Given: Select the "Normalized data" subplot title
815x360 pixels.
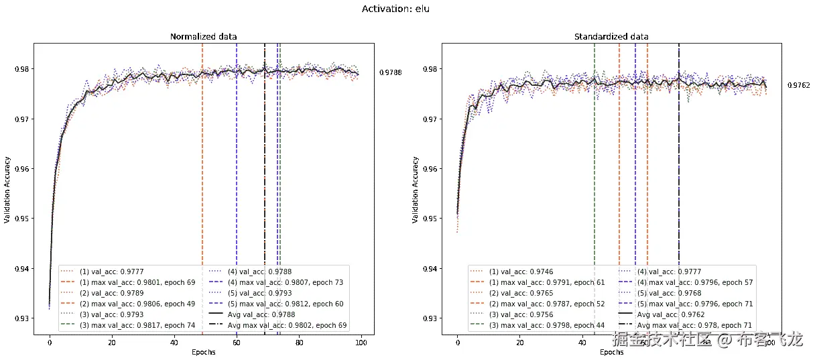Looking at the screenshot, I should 204,36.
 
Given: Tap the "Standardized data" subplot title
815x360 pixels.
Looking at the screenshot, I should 611,36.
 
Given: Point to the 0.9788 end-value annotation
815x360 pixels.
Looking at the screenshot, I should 390,72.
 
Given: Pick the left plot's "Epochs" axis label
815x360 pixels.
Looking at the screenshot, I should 204,353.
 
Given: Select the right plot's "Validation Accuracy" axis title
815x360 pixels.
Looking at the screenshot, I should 416,190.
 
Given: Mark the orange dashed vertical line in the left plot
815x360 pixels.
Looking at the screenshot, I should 202,168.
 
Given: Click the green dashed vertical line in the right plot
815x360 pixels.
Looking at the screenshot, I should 594,168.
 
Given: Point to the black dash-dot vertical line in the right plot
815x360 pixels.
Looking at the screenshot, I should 679,168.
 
